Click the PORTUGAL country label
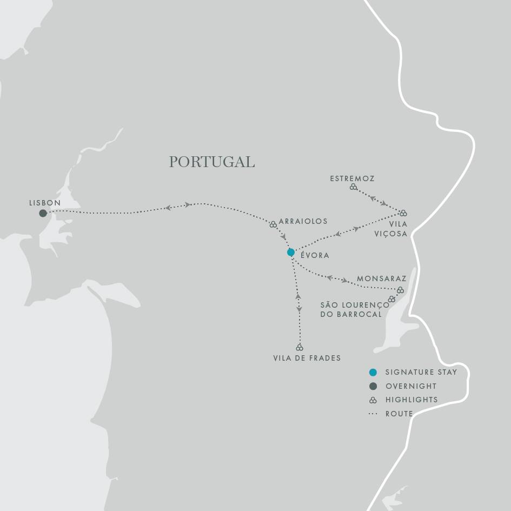[x=211, y=162]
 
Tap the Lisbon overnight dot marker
[x=43, y=213]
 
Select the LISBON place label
[x=45, y=203]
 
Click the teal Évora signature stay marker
[x=291, y=252]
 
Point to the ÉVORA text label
[x=314, y=255]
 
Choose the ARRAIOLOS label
[x=303, y=221]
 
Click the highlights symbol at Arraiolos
[x=273, y=224]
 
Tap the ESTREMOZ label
[x=352, y=178]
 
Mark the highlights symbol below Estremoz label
[x=353, y=187]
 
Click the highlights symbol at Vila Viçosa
[x=403, y=213]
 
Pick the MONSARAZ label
[x=381, y=279]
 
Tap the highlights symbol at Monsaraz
[x=400, y=290]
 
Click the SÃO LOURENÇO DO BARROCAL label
[x=354, y=309]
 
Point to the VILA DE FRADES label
[x=307, y=358]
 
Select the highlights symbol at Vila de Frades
[x=300, y=347]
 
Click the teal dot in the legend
[x=373, y=372]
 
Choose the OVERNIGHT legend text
[x=411, y=386]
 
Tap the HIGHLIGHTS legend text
[x=412, y=400]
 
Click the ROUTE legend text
[x=399, y=414]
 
